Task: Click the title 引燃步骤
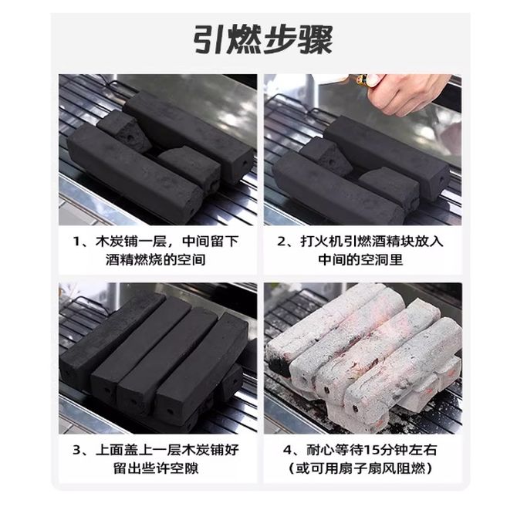coord(263,40)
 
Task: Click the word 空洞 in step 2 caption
coord(374,260)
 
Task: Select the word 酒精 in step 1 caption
coord(120,260)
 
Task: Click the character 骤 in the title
coord(316,40)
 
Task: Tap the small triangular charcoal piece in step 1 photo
coord(125,130)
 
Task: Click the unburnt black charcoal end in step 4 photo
coord(279,364)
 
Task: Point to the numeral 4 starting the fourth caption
coord(287,450)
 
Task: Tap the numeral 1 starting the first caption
coord(76,242)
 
